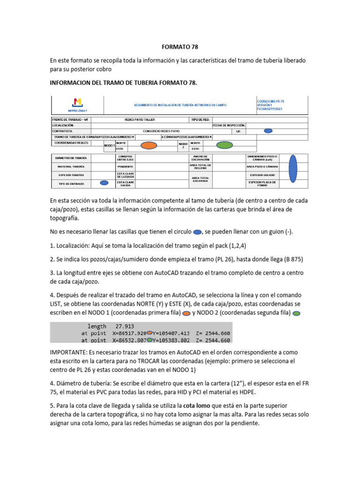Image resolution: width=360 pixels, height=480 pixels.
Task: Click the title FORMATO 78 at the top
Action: tap(180, 47)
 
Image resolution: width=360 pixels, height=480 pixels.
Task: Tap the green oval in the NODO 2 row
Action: tap(225, 145)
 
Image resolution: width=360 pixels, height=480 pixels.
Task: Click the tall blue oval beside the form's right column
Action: tap(293, 169)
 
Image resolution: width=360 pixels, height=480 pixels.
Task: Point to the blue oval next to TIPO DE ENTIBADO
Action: tap(104, 183)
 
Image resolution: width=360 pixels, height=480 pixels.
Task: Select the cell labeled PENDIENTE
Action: tap(125, 166)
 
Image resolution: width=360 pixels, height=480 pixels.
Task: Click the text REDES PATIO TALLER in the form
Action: tap(139, 120)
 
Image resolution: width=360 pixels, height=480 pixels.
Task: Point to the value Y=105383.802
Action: tap(171, 340)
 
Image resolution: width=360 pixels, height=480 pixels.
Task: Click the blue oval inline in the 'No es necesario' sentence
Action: tap(197, 232)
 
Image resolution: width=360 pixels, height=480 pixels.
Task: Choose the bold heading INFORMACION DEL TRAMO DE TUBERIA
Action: tap(123, 83)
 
